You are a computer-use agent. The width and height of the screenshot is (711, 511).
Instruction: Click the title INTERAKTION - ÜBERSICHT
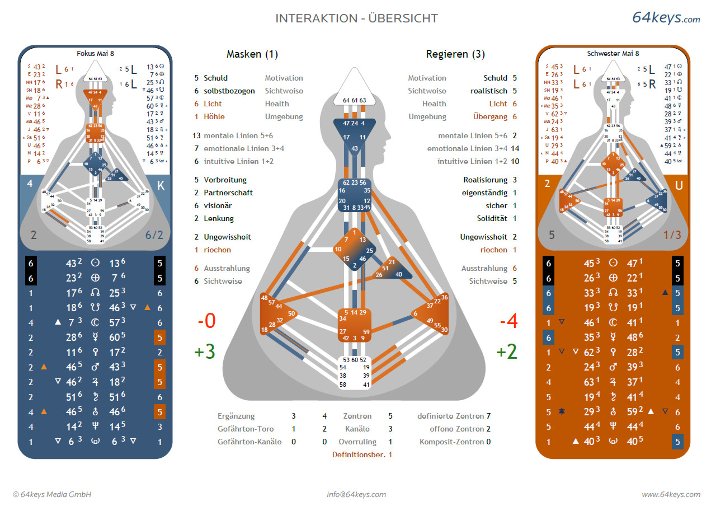[356, 18]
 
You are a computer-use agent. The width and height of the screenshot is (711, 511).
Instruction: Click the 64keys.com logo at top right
[666, 17]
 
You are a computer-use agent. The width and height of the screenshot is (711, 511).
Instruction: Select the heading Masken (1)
[252, 54]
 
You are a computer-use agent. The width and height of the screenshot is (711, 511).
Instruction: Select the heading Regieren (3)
[455, 54]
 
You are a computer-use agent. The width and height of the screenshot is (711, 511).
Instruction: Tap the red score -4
[508, 322]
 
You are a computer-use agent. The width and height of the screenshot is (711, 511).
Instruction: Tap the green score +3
[204, 352]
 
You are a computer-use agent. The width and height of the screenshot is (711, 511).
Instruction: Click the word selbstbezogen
[229, 91]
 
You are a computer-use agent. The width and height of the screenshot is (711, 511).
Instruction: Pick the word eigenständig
[485, 193]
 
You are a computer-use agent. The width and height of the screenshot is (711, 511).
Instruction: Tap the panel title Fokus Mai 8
[95, 54]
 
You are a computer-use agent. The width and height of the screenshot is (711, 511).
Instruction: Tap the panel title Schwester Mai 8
[613, 54]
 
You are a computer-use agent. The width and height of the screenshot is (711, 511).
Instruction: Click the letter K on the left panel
[161, 186]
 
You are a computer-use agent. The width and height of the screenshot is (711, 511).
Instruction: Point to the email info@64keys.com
[356, 494]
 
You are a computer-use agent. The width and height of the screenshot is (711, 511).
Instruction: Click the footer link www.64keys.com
[671, 494]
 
